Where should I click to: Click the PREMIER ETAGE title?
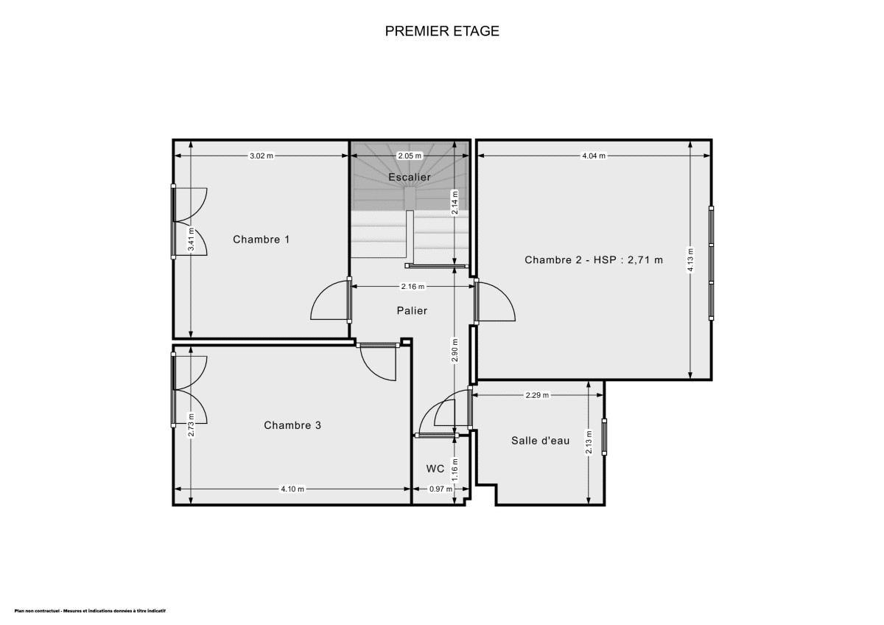tap(442, 31)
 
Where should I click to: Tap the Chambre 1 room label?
tap(262, 239)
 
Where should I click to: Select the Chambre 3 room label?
tap(292, 425)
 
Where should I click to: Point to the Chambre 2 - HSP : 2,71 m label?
tap(594, 259)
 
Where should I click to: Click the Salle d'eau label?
tap(541, 441)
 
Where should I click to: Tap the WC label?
tap(435, 469)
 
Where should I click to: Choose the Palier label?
tap(412, 310)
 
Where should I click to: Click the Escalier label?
tap(410, 177)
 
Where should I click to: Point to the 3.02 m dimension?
tap(262, 156)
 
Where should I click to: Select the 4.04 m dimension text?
tap(594, 156)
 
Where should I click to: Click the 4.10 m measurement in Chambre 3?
tap(292, 489)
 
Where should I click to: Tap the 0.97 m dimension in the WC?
tap(440, 489)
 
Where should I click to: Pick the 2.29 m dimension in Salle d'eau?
tap(537, 395)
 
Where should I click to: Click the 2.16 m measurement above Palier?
tap(413, 286)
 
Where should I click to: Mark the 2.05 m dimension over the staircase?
tap(410, 156)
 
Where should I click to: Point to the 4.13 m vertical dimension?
tap(690, 259)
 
